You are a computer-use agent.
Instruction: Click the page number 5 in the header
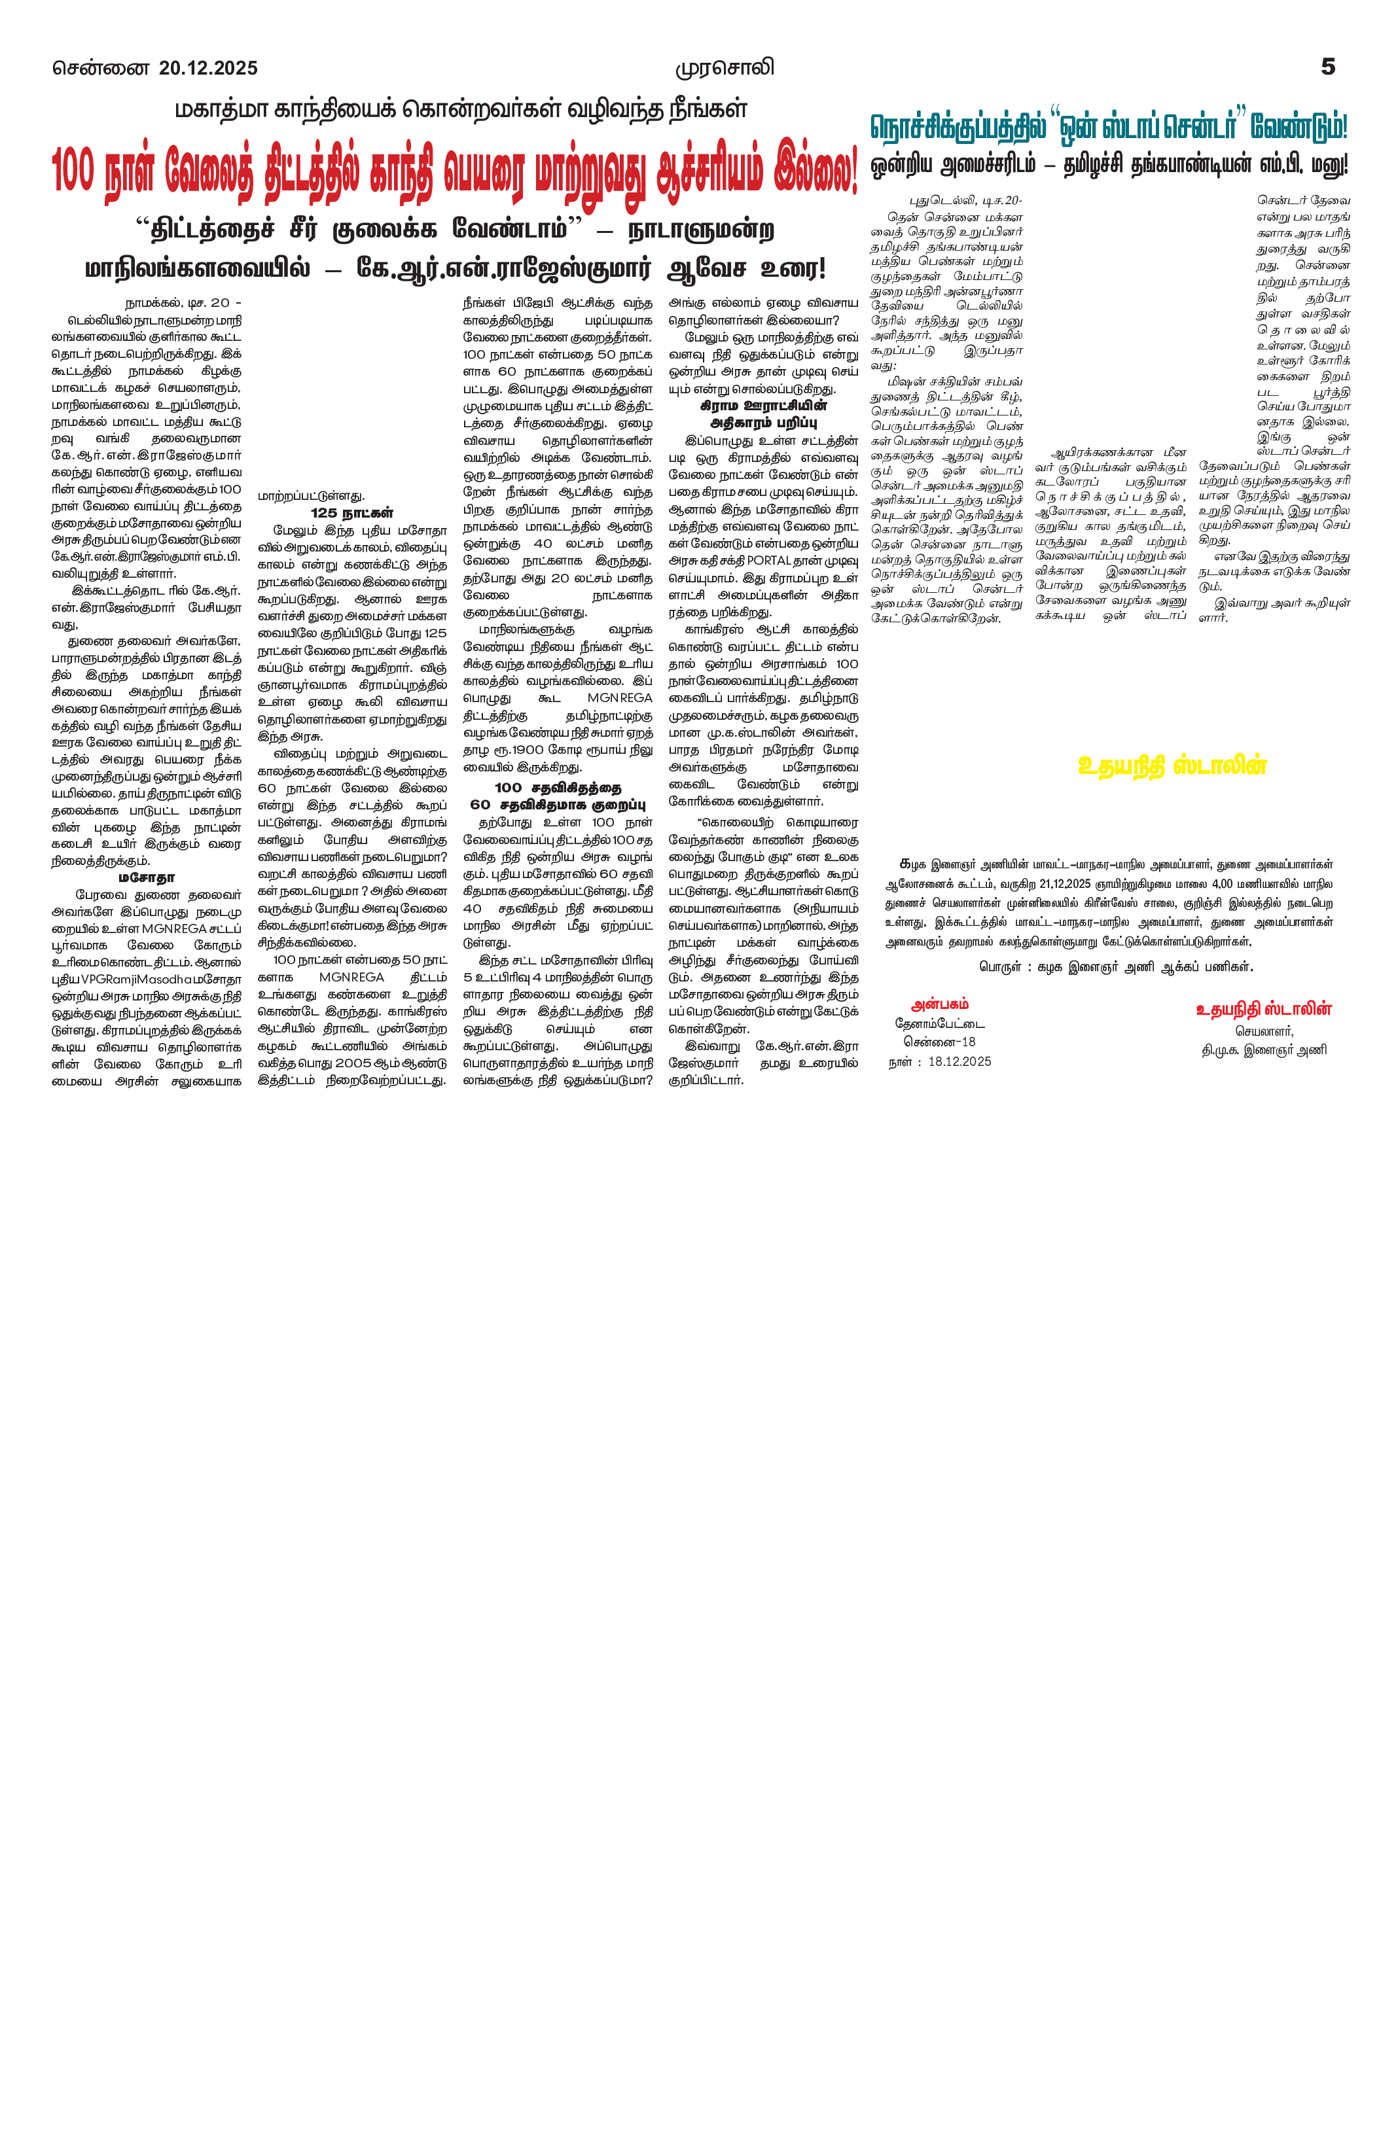1327,67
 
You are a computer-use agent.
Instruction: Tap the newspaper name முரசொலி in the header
725,69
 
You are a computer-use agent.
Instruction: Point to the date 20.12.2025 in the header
208,69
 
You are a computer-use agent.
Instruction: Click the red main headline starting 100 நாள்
454,169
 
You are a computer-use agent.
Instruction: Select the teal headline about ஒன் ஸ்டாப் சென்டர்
1109,127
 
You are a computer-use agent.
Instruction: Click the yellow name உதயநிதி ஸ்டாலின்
1172,766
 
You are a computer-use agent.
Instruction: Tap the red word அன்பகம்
940,1004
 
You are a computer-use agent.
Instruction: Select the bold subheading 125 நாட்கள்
351,513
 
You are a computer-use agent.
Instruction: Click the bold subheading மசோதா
146,878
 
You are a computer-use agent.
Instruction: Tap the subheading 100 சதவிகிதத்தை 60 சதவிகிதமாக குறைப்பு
557,796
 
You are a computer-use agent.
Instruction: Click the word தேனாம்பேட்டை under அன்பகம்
940,1023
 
